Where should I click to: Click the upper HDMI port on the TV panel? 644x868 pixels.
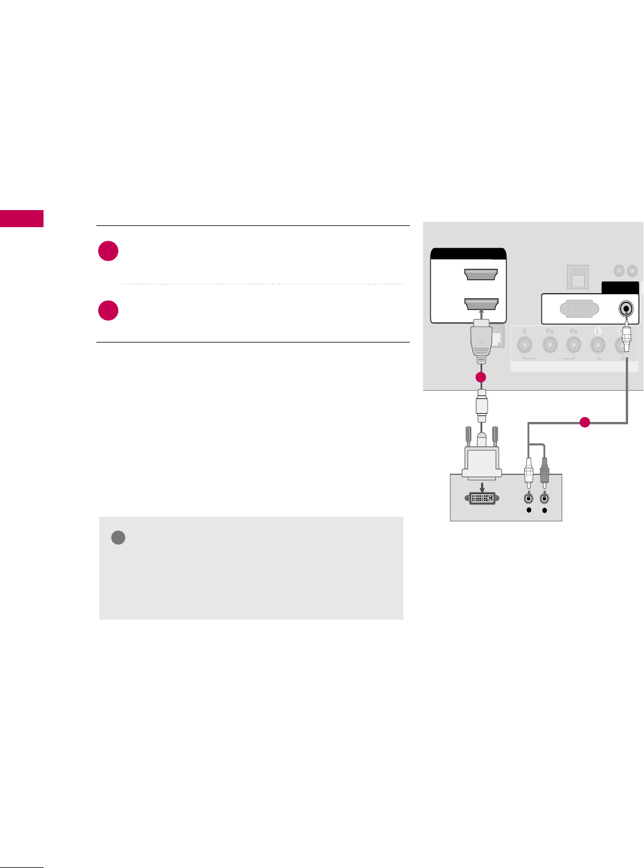(481, 274)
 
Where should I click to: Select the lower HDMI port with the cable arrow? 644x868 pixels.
(481, 304)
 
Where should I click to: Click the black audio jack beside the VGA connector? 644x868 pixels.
(627, 308)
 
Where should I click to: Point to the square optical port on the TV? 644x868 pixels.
(578, 277)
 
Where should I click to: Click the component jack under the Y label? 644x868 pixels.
(524, 346)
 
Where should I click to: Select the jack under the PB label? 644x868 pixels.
(550, 346)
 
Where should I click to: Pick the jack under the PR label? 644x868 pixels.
(573, 346)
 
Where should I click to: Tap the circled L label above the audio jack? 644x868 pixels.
(598, 331)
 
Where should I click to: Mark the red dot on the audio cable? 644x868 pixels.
(584, 422)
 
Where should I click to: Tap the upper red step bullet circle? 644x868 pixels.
(108, 251)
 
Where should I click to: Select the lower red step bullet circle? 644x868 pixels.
(108, 311)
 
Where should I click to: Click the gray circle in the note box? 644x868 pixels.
(118, 538)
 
